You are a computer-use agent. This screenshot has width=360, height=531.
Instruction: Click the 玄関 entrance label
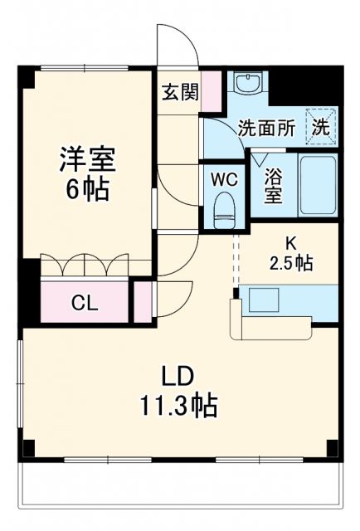click(x=179, y=91)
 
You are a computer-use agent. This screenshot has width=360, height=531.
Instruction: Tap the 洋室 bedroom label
click(x=86, y=158)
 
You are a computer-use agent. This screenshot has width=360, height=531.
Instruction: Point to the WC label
click(x=224, y=178)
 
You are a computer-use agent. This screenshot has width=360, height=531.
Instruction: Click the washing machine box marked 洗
click(x=321, y=126)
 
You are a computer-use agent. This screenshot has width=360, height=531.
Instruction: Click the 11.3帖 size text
click(x=178, y=406)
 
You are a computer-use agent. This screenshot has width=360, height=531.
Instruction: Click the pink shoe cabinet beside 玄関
click(x=212, y=91)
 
